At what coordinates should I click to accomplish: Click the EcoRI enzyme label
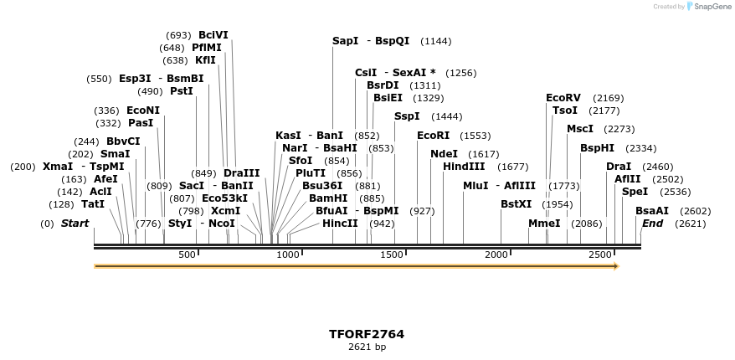433,136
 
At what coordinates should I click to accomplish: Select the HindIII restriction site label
464,167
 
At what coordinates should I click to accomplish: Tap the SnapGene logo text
709,7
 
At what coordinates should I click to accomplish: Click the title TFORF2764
367,334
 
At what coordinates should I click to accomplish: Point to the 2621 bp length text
367,347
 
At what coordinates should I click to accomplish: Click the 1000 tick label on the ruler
288,254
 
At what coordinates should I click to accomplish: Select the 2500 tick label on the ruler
600,254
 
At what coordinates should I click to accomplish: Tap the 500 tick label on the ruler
187,254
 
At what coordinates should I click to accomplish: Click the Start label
75,224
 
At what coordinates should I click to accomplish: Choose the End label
652,224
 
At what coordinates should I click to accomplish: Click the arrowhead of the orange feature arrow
617,266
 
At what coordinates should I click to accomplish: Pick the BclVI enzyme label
213,35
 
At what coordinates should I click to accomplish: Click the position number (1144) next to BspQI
436,41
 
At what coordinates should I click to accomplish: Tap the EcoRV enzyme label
563,98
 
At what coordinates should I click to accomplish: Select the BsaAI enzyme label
651,211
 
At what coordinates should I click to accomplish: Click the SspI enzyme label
407,116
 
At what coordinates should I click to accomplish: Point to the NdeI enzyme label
444,154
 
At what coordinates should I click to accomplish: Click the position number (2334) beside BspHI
641,148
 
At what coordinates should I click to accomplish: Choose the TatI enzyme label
93,204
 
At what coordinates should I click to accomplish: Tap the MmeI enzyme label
544,224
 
